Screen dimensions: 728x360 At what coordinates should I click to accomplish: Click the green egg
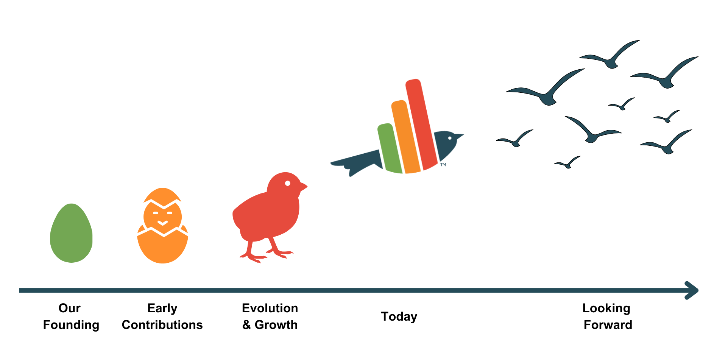pos(71,233)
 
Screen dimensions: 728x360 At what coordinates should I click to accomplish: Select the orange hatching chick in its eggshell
pos(162,226)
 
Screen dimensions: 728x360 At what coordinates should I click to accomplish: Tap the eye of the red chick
pos(288,184)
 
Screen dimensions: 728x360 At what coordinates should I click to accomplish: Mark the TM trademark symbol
pos(443,165)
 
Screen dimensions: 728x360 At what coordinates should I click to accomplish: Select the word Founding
pos(71,325)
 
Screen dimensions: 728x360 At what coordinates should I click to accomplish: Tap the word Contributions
pos(162,325)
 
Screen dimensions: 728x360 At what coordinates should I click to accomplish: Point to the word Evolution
pos(270,308)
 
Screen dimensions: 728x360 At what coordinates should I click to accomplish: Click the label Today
pos(399,316)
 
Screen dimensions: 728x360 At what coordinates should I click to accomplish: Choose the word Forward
pos(608,325)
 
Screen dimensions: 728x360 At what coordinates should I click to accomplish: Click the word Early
pos(162,309)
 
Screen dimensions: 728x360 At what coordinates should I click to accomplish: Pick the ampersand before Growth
pos(247,325)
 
